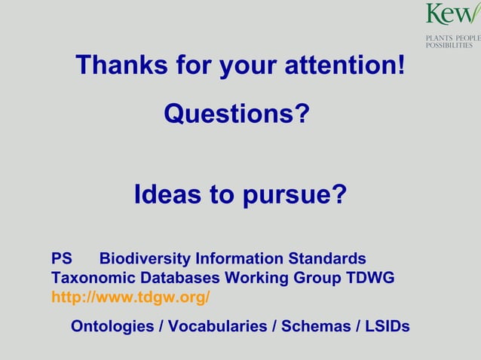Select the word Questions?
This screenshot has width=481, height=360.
[x=237, y=114]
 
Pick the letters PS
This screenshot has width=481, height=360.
[x=61, y=258]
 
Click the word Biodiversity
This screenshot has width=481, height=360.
[x=145, y=258]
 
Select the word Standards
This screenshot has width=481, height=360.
[x=329, y=258]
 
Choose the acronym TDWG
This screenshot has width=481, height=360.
[x=370, y=278]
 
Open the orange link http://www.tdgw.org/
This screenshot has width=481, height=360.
[x=130, y=297]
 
